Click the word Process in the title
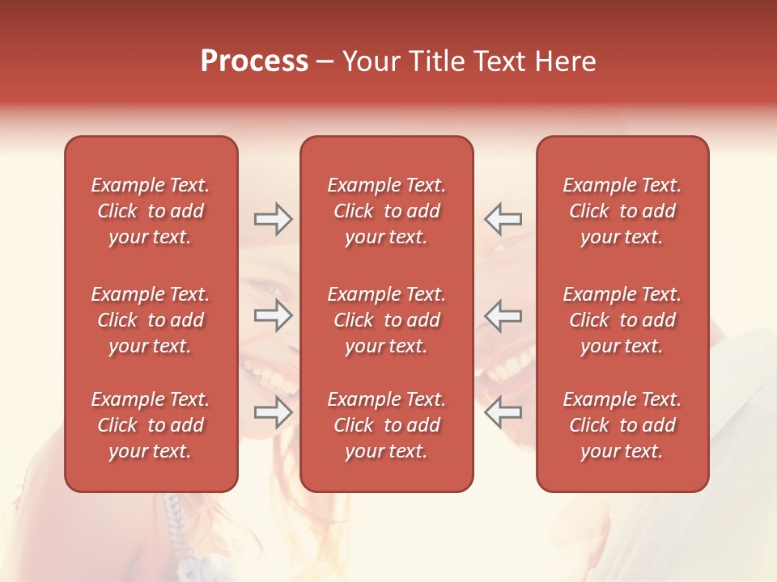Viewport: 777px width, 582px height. tap(254, 61)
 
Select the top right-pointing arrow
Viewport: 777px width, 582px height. tap(274, 219)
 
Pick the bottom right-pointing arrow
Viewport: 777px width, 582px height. tap(274, 413)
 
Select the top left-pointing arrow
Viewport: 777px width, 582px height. tap(503, 219)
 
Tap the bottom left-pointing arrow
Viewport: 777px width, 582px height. tap(503, 413)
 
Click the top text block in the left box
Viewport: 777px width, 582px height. tap(151, 211)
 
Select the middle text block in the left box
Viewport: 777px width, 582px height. tap(151, 320)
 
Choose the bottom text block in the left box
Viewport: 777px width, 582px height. tap(151, 425)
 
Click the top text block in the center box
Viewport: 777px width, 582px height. tap(386, 211)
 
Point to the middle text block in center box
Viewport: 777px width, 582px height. tap(386, 320)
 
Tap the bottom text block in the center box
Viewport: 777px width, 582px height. tap(386, 425)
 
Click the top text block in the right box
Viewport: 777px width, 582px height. tap(622, 211)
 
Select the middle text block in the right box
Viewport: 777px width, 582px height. tap(622, 320)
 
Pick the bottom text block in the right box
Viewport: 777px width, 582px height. tap(622, 425)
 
